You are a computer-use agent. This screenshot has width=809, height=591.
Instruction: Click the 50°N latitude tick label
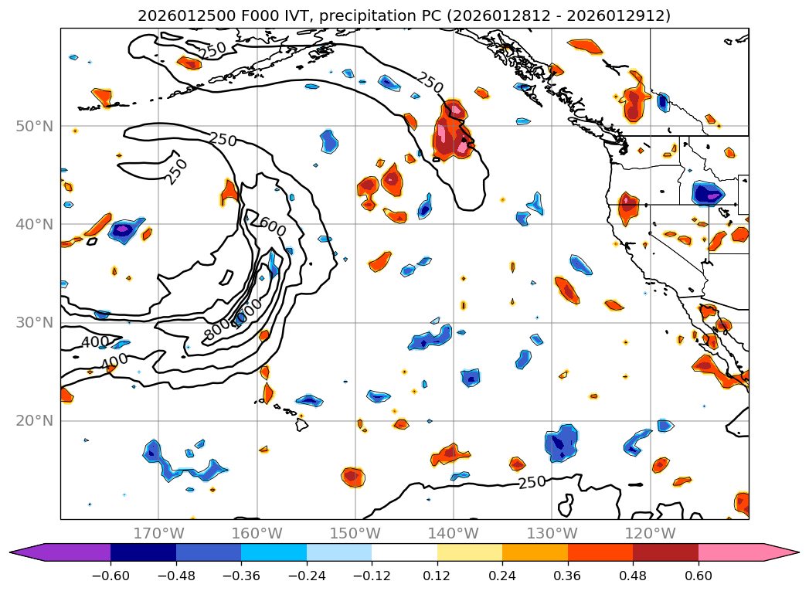34,126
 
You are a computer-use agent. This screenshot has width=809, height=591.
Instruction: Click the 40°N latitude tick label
34,224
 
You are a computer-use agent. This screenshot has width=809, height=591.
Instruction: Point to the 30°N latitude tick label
34,322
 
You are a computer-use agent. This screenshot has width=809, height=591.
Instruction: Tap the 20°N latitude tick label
34,420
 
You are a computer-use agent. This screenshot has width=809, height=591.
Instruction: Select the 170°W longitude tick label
158,533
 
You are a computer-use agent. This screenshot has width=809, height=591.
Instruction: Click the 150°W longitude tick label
355,533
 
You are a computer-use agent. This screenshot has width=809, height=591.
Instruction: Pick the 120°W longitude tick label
650,533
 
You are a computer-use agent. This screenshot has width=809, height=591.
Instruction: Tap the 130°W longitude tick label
552,533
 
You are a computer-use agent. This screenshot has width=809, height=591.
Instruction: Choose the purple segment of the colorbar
70,552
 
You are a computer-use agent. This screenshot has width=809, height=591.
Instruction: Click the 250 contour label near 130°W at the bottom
532,483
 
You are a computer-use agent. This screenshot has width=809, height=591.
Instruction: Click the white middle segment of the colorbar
404,552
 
